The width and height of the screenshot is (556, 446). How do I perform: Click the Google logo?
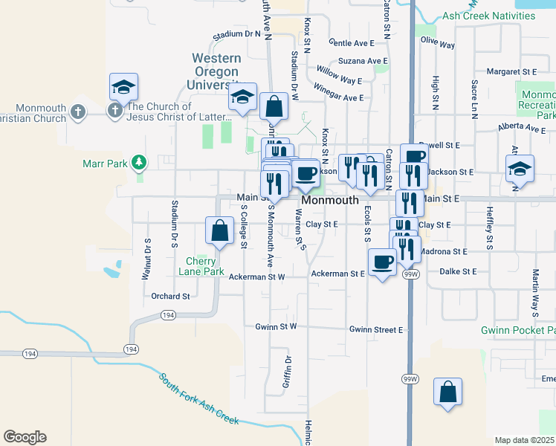click(25, 437)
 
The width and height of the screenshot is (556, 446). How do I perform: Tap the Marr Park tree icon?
click(138, 162)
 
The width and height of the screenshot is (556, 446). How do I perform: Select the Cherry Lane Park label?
click(201, 266)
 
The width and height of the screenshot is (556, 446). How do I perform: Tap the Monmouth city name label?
click(330, 201)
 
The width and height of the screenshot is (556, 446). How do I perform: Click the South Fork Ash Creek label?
click(198, 398)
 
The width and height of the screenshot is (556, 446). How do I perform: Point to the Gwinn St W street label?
click(276, 326)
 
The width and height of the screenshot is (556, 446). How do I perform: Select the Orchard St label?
click(170, 296)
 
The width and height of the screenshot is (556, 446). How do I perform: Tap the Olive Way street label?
click(438, 44)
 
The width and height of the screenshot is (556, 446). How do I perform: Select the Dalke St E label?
click(458, 272)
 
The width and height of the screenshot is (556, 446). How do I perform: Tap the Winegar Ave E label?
click(338, 97)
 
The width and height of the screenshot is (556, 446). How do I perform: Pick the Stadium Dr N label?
click(236, 34)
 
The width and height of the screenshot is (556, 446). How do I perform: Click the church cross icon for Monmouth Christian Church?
click(77, 112)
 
